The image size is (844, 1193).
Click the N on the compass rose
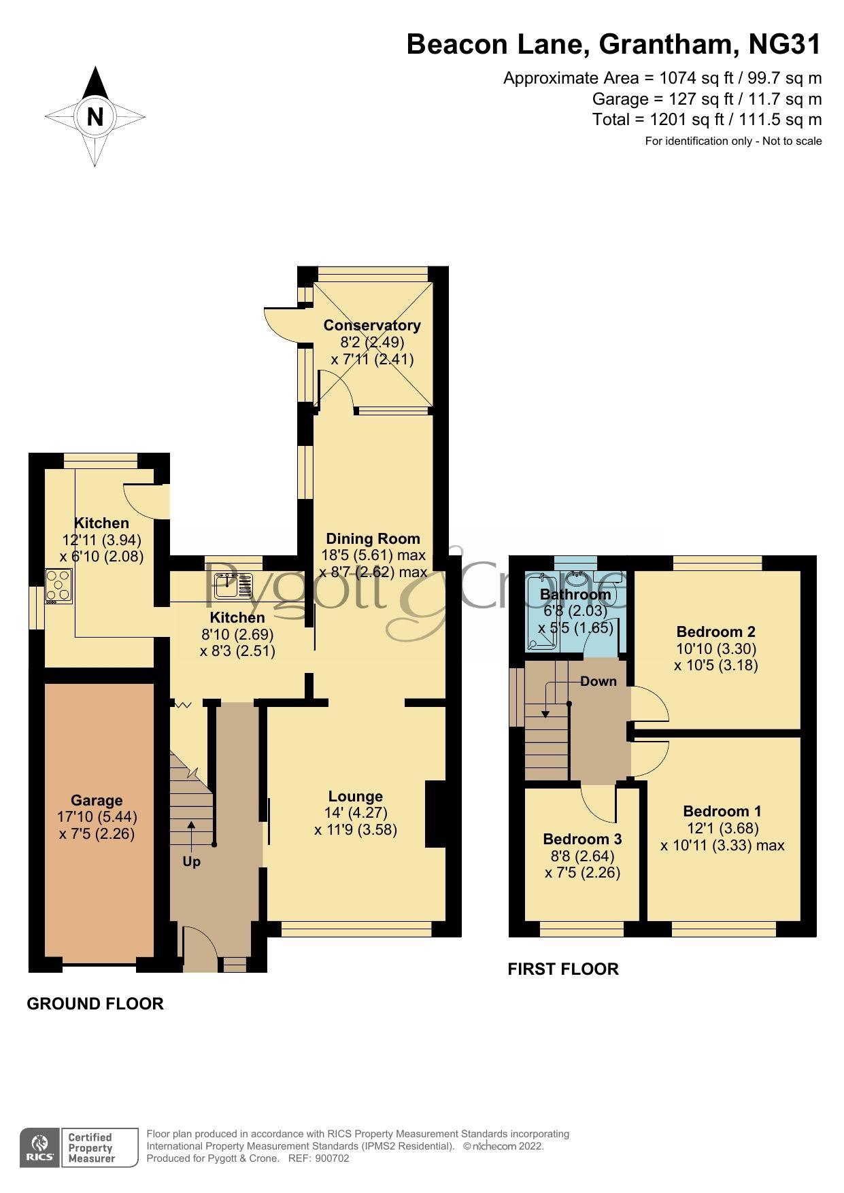coord(95,117)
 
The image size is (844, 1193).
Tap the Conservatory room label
coord(372,326)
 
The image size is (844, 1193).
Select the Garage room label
coord(97,801)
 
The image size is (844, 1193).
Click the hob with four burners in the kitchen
coord(58,586)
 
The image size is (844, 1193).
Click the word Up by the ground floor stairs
coord(192,862)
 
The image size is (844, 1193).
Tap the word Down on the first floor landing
coord(598,682)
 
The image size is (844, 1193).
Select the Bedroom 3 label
coord(582,840)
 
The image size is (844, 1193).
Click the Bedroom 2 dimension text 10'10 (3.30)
coord(715,649)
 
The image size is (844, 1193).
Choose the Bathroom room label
coord(575,595)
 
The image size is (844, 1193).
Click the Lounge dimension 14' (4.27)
coord(356,813)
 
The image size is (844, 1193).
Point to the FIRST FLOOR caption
coord(563,969)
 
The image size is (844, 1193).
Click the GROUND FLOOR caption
coord(95,1004)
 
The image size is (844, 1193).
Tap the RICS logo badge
coord(40,1148)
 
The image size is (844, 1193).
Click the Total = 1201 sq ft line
coord(706,120)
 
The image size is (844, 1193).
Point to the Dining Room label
coord(373,539)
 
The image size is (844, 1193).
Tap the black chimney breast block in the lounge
coord(435,814)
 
